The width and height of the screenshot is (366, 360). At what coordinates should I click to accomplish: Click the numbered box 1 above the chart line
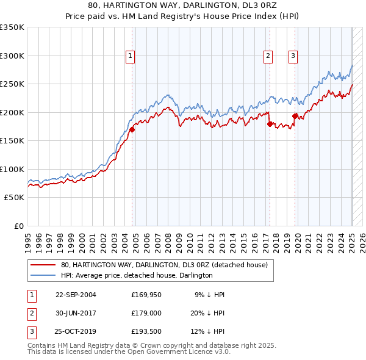point(130,56)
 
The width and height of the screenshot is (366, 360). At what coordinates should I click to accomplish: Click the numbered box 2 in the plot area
point(268,56)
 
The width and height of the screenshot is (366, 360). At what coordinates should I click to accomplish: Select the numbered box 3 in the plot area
point(293,56)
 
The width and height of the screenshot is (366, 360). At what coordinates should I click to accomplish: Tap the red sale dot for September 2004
point(132,129)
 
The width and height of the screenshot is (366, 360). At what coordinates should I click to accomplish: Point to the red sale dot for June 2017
point(270,124)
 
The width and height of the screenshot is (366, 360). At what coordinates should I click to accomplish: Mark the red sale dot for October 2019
point(295,116)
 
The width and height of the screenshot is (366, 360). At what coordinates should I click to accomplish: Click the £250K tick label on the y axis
point(12,84)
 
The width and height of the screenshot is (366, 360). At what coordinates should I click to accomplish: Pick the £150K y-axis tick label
point(12,141)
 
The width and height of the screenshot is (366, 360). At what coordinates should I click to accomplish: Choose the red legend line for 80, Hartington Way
point(43,265)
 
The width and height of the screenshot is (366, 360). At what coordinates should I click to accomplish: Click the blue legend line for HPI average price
point(43,276)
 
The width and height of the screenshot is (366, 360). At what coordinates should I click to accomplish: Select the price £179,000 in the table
point(146,313)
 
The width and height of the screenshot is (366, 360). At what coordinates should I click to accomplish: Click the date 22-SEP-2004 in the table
point(76,294)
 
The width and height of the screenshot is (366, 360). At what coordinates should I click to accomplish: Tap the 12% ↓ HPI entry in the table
point(209,332)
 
